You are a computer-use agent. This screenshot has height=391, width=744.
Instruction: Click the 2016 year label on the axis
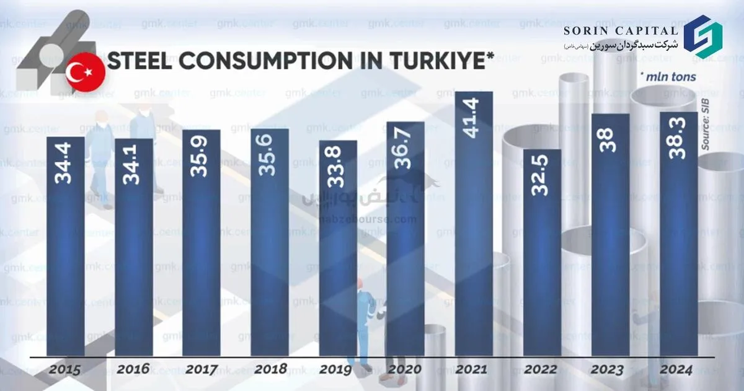pos(133,369)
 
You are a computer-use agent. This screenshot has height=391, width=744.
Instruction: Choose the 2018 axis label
pos(270,369)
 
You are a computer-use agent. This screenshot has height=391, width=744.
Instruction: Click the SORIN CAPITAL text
pos(621,30)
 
